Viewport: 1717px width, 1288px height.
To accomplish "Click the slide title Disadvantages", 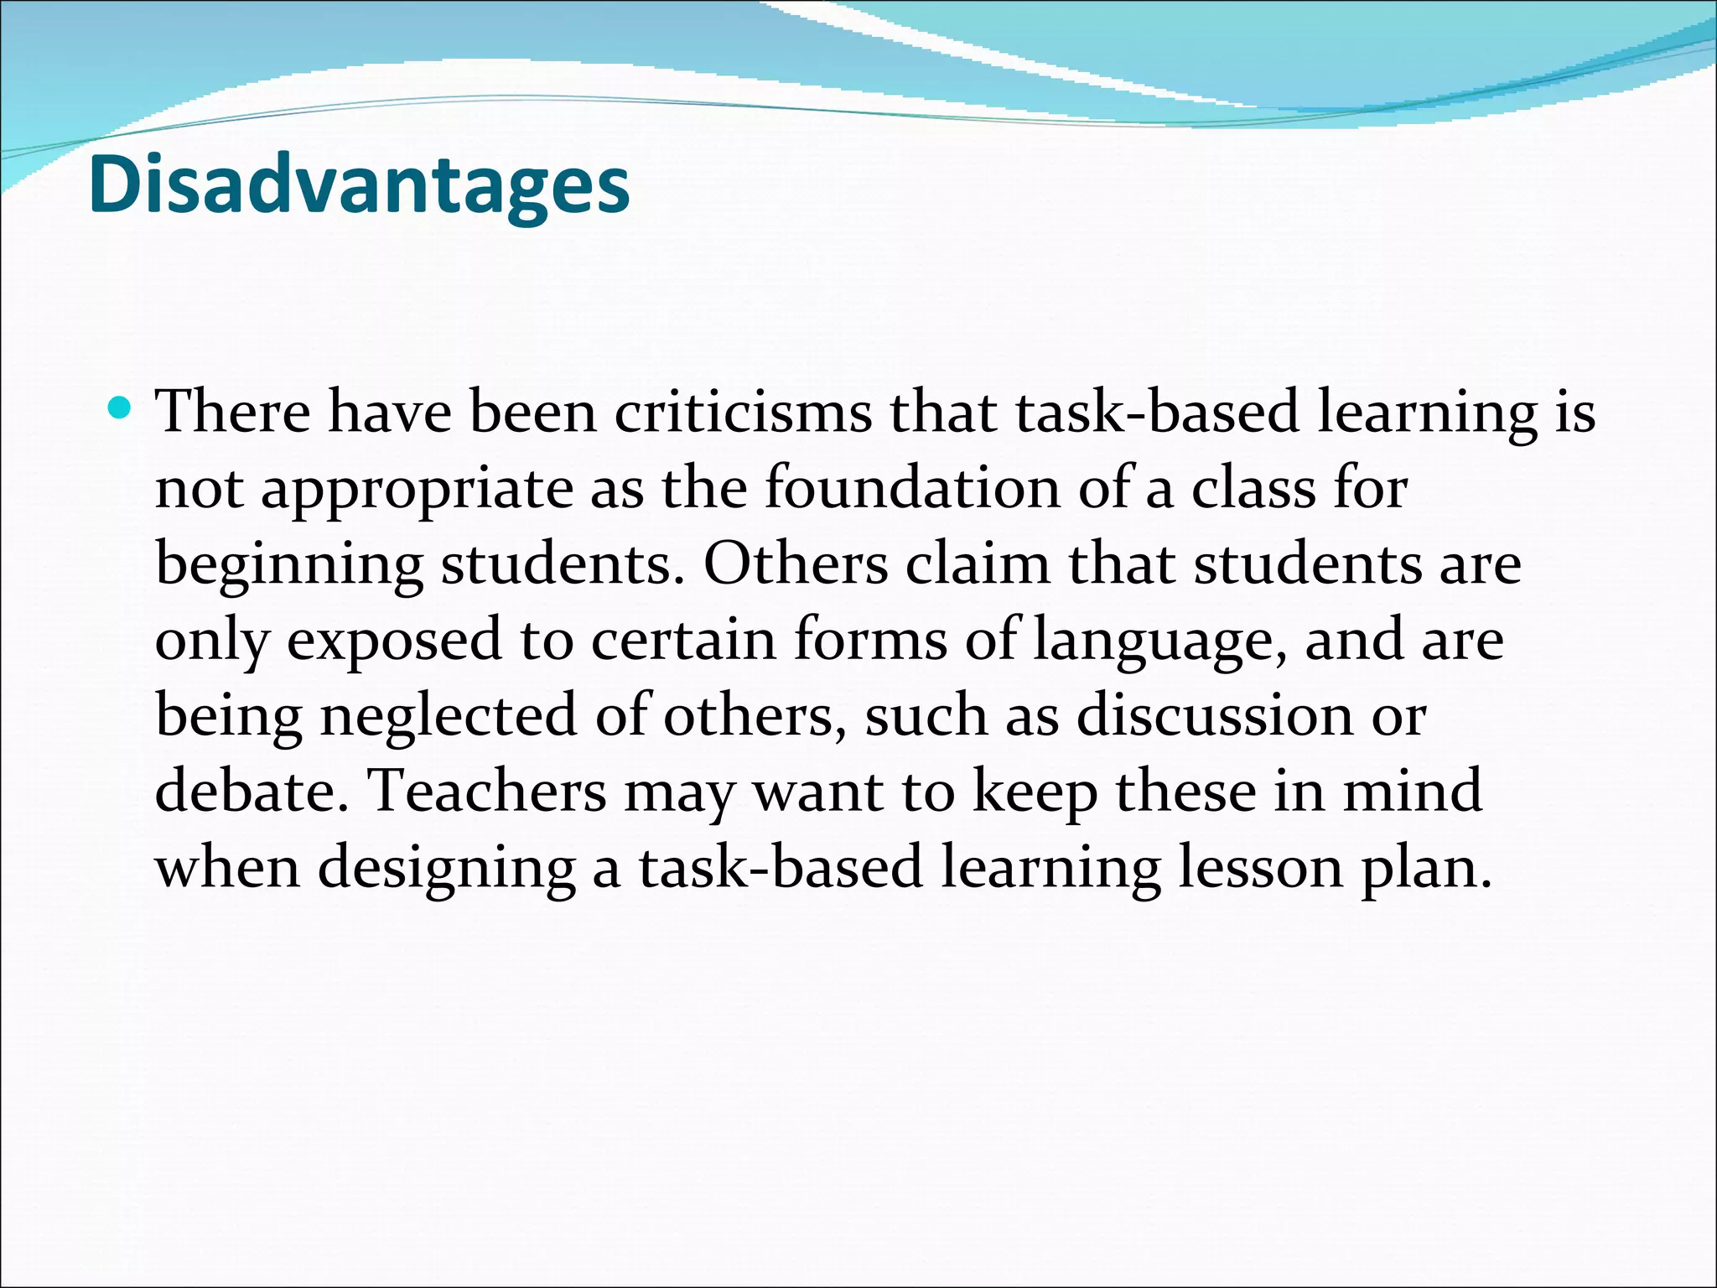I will (x=359, y=186).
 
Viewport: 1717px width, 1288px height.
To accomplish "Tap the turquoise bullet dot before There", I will (x=122, y=409).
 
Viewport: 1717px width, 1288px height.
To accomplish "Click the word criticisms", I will (x=743, y=413).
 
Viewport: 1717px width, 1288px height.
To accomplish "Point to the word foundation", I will (x=912, y=488).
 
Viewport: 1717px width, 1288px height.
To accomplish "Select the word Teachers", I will (x=487, y=791).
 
